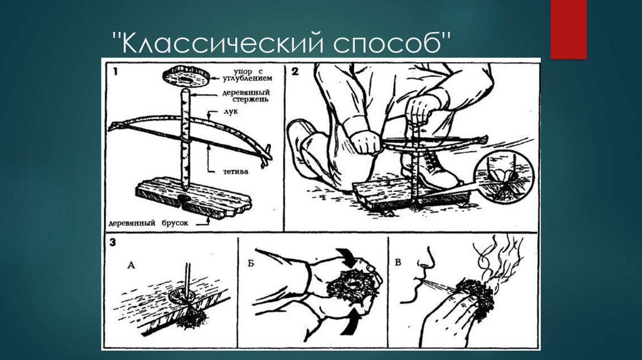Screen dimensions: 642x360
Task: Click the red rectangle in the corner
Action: (x=568, y=29)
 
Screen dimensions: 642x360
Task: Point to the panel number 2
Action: (x=295, y=71)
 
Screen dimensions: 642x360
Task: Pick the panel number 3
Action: (x=113, y=243)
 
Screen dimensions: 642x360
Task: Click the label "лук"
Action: (x=231, y=112)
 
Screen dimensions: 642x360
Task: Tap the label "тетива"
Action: (x=236, y=172)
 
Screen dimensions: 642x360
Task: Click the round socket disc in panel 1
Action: (x=186, y=76)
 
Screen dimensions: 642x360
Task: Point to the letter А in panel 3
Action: (x=131, y=265)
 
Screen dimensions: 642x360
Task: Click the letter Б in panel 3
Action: (x=251, y=263)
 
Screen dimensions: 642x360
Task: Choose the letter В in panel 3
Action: (x=398, y=263)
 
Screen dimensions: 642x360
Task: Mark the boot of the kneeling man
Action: (x=436, y=170)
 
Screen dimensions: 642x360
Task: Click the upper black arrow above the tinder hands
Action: (x=347, y=257)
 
